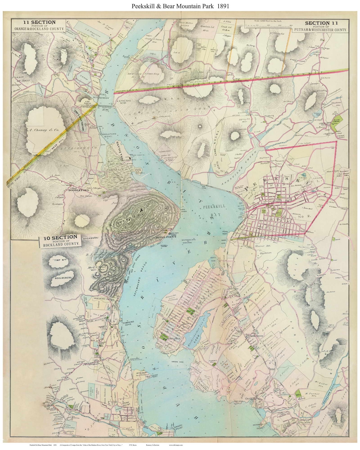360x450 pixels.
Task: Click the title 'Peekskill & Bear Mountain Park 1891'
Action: (180, 6)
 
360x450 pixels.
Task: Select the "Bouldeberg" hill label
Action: (64, 276)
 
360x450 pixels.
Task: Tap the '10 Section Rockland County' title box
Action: (60, 240)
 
